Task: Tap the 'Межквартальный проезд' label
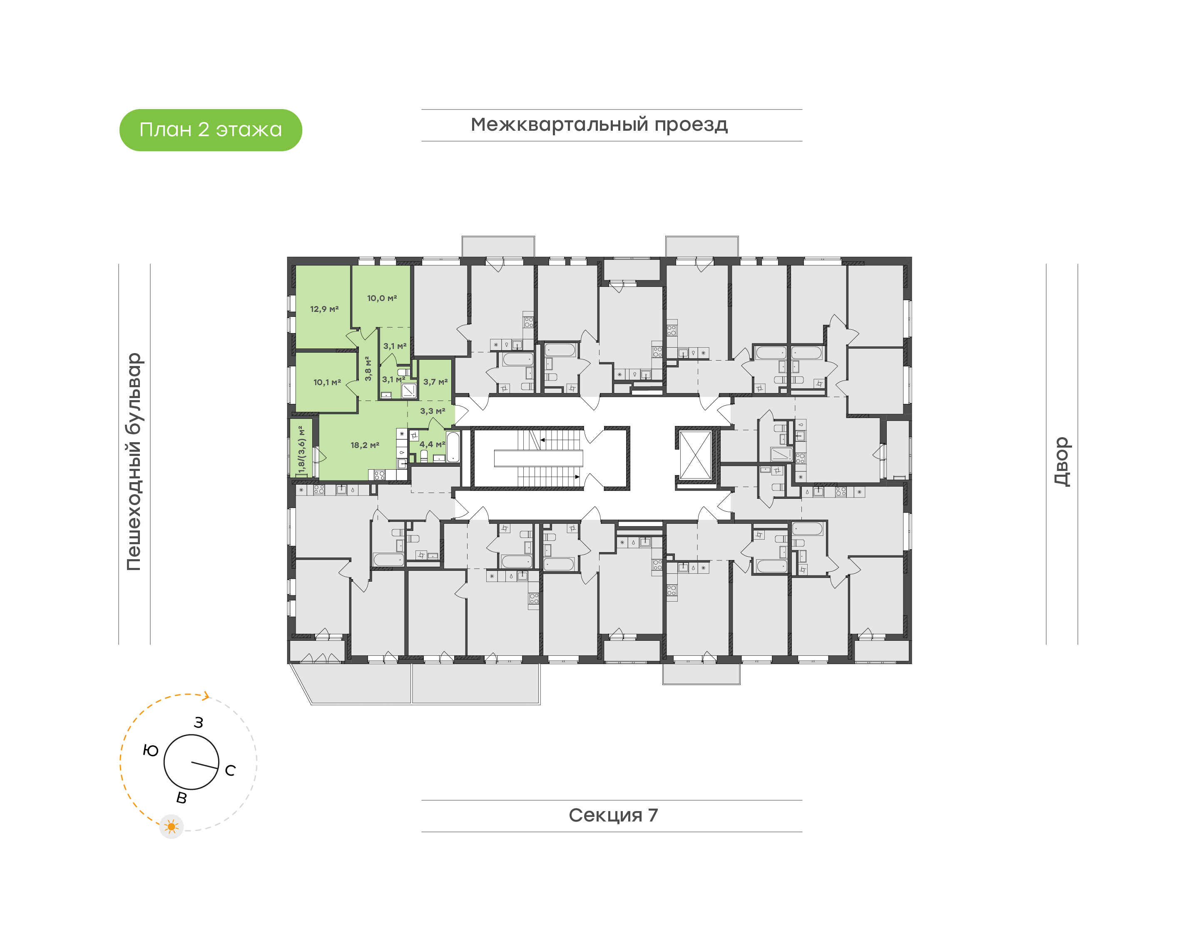click(599, 125)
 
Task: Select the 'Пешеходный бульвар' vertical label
click(134, 462)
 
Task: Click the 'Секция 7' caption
click(612, 815)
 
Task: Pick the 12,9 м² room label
click(324, 309)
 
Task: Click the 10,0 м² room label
click(382, 298)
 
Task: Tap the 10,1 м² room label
click(327, 382)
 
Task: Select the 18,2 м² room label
click(365, 445)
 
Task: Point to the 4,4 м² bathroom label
click(432, 444)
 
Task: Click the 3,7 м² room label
click(435, 381)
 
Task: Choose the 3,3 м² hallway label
click(432, 411)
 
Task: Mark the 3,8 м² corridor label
click(368, 368)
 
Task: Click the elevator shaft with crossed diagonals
click(695, 455)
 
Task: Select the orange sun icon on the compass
click(171, 826)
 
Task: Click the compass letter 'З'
click(198, 722)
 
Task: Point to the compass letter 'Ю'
click(150, 750)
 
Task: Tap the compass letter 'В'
click(181, 798)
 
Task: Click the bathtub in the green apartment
click(453, 447)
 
